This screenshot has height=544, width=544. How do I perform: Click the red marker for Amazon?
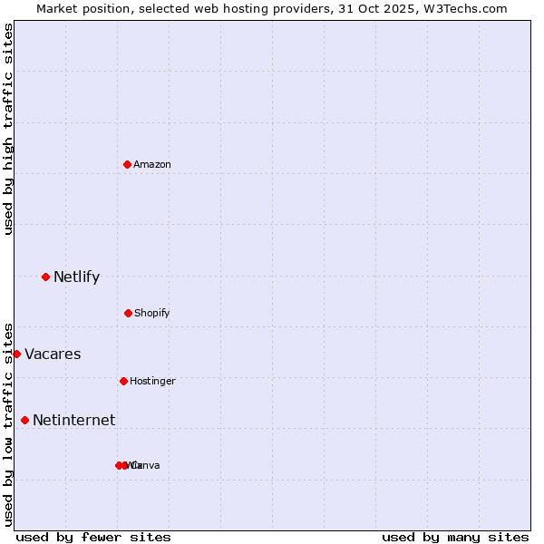click(x=128, y=164)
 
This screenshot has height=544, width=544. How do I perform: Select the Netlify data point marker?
click(x=45, y=277)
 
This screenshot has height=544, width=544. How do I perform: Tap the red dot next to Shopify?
click(x=128, y=313)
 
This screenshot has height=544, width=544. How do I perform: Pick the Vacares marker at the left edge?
click(x=16, y=354)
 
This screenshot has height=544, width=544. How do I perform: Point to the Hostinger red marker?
click(x=123, y=381)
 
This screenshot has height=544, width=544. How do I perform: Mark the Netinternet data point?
click(x=24, y=420)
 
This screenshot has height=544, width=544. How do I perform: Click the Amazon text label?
click(x=152, y=164)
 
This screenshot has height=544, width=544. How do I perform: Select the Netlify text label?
click(x=76, y=277)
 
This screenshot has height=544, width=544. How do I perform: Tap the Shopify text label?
click(x=152, y=313)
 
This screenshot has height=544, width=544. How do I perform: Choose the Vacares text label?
click(x=53, y=354)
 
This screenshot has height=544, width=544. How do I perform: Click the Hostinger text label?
click(x=152, y=381)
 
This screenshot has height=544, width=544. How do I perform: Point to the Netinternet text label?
click(x=73, y=420)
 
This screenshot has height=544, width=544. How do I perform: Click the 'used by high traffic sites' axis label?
click(x=8, y=129)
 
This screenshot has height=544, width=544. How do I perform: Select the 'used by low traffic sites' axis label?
click(x=8, y=423)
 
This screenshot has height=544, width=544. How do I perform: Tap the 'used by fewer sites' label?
click(x=93, y=537)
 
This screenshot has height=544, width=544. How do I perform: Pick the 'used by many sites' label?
click(x=455, y=537)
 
